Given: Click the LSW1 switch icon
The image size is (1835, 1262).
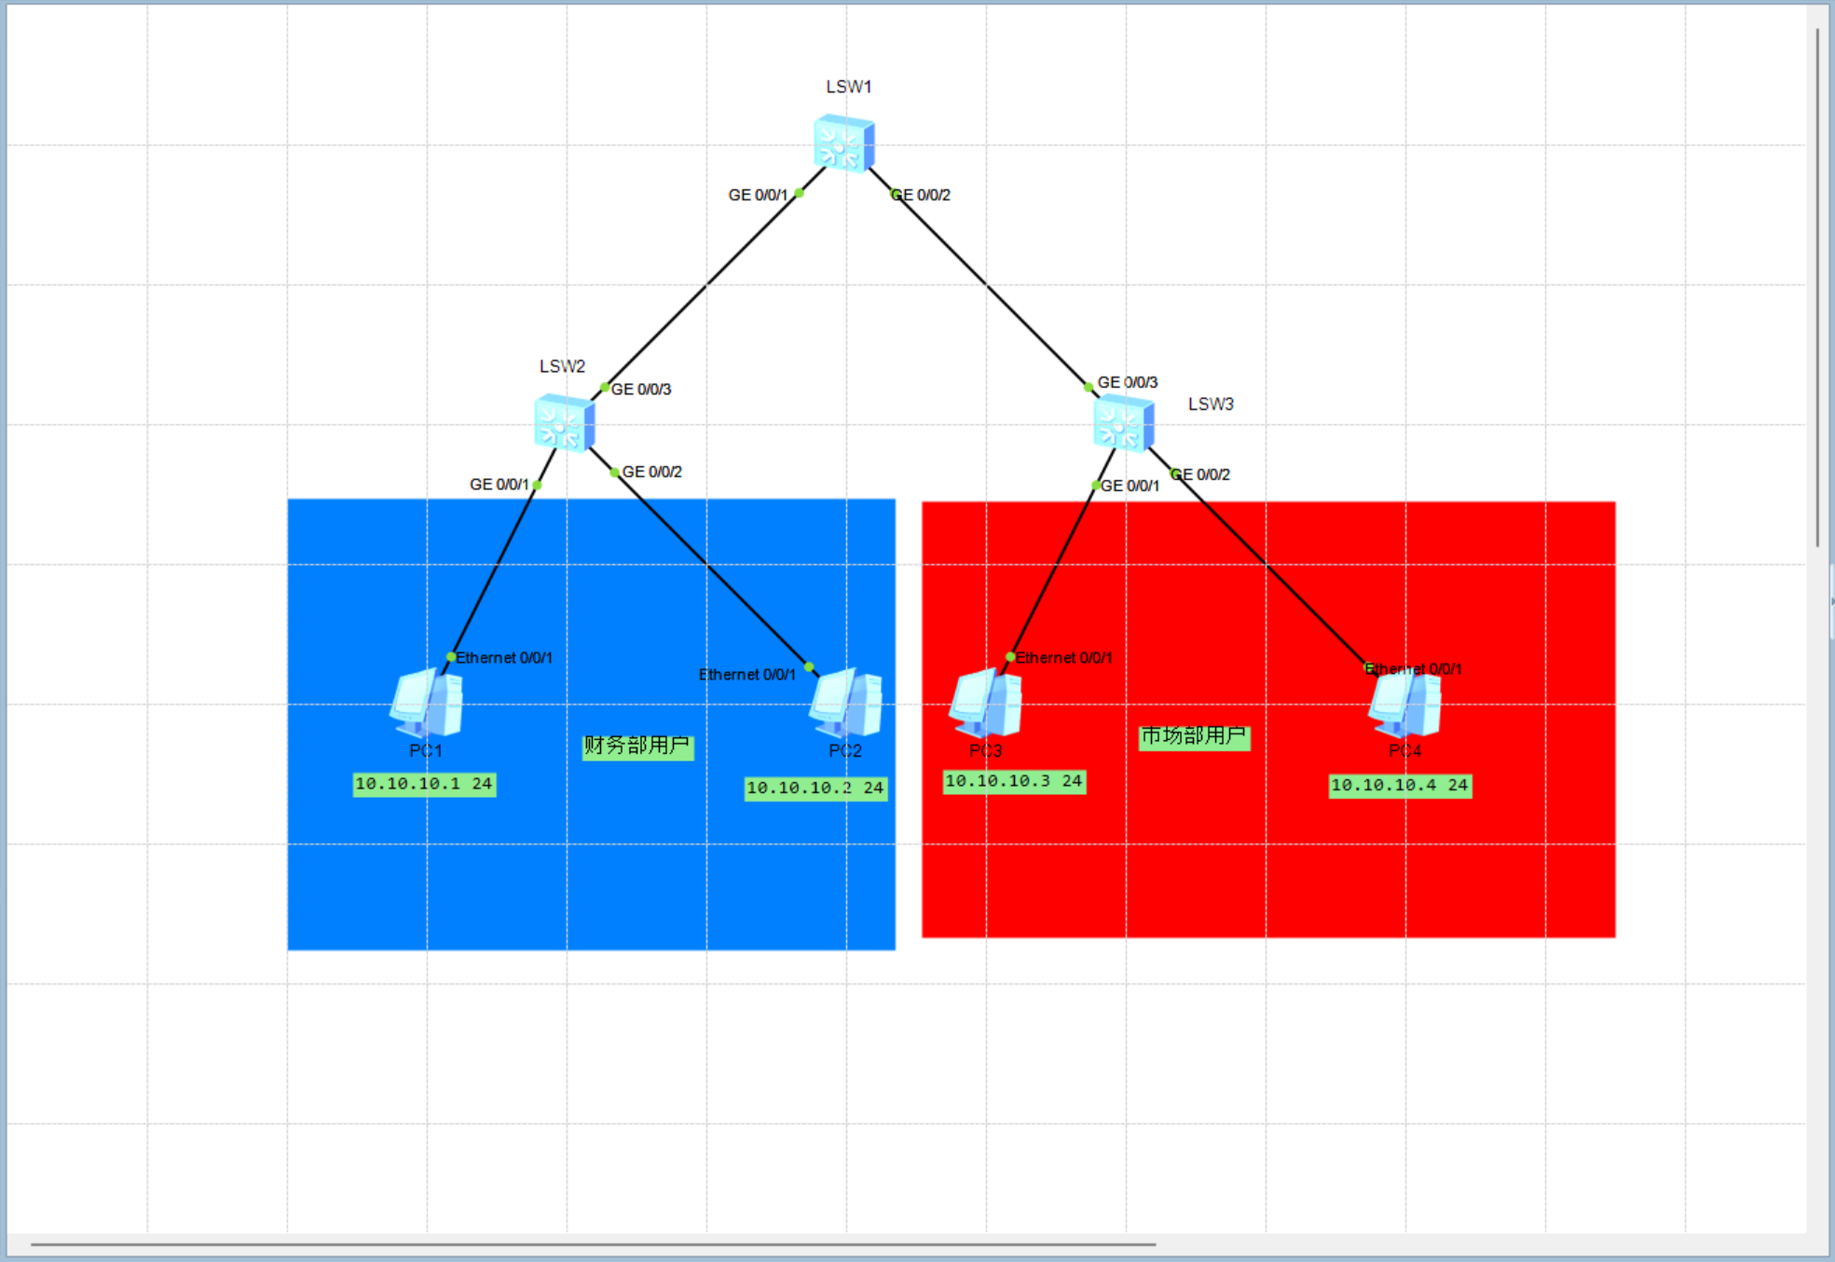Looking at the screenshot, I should [843, 144].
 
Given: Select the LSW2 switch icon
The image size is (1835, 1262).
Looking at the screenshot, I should [564, 423].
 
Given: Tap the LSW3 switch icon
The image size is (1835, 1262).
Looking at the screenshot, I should [1123, 423].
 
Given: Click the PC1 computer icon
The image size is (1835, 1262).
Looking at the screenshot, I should [427, 703].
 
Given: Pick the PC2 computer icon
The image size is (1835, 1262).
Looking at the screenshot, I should [846, 703].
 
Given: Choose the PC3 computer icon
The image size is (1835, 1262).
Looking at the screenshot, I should [985, 703].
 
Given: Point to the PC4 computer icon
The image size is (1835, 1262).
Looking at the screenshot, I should [1404, 703].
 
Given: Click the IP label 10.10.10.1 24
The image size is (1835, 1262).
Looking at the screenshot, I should [424, 784].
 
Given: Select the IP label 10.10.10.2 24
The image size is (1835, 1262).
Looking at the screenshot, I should [815, 789].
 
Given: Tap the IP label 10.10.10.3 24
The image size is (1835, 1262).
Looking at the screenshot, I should [1014, 781].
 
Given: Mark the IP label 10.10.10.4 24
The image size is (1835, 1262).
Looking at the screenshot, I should [1400, 786].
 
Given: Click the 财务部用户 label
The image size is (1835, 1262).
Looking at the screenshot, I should [637, 746].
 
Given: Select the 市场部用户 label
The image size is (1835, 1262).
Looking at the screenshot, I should [1194, 736].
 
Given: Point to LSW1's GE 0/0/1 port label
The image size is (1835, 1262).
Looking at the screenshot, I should [758, 195].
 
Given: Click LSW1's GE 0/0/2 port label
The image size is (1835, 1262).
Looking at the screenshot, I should [923, 195].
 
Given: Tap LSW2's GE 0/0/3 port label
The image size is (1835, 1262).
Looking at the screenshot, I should [641, 390].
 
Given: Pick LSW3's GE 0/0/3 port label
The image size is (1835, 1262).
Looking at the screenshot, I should [1128, 382].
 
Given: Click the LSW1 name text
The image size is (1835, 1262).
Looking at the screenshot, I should [848, 87].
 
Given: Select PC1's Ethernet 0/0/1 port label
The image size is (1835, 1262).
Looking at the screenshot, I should [504, 658].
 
